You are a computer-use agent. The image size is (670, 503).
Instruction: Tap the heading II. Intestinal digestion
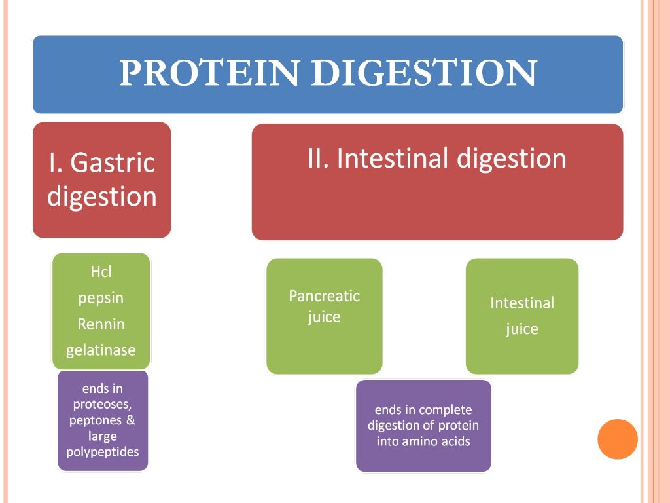tap(436, 159)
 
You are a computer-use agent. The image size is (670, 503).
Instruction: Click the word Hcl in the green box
tap(101, 272)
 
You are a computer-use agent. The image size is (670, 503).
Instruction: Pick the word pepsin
tap(101, 298)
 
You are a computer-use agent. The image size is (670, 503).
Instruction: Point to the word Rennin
tap(101, 324)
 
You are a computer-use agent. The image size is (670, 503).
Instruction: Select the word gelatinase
tap(101, 350)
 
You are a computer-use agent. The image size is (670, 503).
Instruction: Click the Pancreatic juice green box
tap(325, 316)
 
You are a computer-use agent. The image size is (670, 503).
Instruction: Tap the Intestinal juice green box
tap(521, 316)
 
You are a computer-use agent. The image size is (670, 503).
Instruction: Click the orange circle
tap(617, 439)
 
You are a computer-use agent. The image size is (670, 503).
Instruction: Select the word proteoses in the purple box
tap(103, 405)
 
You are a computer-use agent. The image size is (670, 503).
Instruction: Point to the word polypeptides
tap(103, 452)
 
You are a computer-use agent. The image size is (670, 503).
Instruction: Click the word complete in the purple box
tap(446, 410)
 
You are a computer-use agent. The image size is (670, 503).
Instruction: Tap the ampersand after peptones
tap(130, 420)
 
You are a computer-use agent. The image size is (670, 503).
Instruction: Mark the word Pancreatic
tap(325, 296)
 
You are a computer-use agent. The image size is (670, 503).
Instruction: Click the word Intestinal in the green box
tap(521, 303)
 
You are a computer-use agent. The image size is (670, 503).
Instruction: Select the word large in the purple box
tap(103, 436)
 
